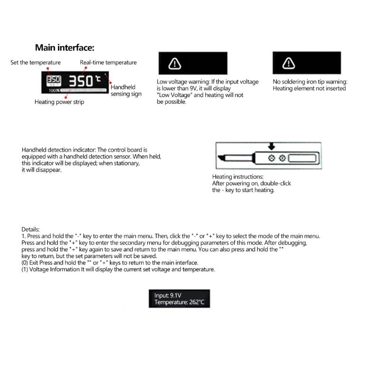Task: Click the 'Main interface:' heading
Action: click(65, 47)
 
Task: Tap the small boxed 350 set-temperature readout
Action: click(53, 79)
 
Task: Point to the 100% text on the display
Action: click(53, 90)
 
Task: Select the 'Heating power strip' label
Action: click(59, 102)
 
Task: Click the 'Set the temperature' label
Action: click(36, 63)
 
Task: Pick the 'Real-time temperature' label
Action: click(108, 63)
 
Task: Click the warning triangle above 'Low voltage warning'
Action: click(175, 63)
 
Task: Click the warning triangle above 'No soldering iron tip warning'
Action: click(288, 63)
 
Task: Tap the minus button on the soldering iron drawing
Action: click(271, 158)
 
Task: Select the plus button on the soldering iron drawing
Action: click(282, 158)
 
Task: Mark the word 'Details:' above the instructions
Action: click(31, 229)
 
